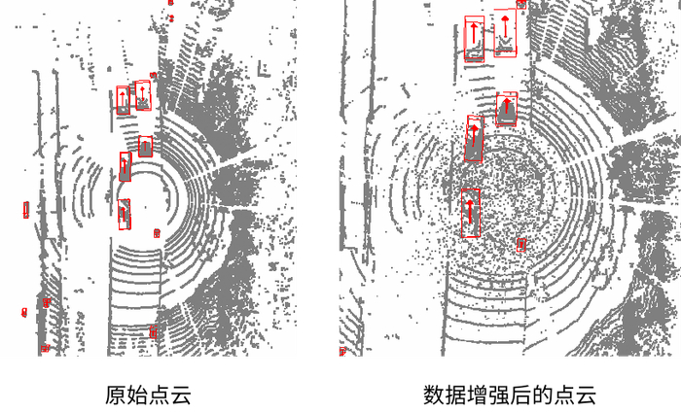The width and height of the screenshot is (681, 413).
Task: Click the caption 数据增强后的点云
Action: [x=509, y=396]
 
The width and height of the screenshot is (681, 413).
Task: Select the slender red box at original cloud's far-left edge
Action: [x=26, y=208]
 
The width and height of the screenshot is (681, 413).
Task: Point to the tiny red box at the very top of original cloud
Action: [x=170, y=17]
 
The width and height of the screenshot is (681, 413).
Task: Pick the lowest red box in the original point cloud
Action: [x=44, y=347]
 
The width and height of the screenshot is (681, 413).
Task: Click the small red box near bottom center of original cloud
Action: [x=154, y=332]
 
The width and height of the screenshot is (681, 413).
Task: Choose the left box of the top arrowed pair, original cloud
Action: [x=124, y=100]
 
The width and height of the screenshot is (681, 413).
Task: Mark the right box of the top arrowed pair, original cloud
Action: [x=143, y=93]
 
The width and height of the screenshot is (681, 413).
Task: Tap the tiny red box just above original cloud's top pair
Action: [x=153, y=75]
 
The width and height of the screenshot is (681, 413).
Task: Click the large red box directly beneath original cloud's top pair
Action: [x=146, y=147]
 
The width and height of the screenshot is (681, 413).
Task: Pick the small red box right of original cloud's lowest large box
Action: [x=157, y=233]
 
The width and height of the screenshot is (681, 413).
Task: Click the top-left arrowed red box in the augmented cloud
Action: [x=474, y=39]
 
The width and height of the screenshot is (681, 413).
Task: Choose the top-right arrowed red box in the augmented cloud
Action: [x=505, y=33]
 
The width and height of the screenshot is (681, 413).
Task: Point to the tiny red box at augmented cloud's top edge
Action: [x=521, y=4]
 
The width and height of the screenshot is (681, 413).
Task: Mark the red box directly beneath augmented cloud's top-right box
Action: [x=505, y=109]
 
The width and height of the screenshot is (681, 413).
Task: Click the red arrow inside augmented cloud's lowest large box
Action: [x=469, y=211]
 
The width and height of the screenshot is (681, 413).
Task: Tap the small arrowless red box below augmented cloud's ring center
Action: [x=520, y=244]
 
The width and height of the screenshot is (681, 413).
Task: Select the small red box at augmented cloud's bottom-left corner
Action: [x=342, y=352]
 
